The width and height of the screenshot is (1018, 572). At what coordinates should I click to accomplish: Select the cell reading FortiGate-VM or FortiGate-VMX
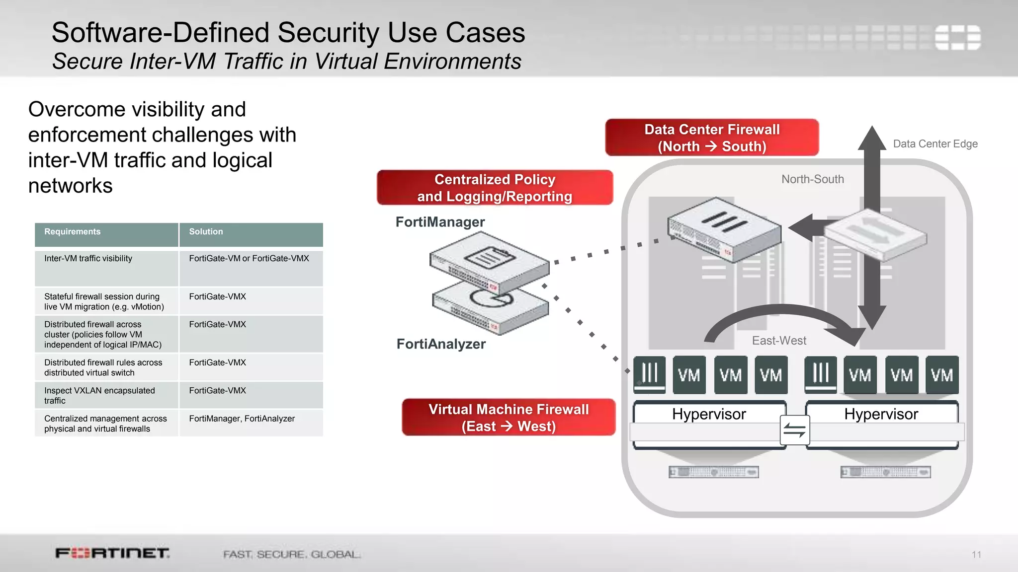tap(249, 259)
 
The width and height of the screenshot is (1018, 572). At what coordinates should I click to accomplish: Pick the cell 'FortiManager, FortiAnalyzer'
tap(242, 419)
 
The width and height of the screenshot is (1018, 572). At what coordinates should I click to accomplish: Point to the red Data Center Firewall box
tap(712, 138)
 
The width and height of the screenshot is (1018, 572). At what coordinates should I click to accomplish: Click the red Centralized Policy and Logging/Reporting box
tap(495, 188)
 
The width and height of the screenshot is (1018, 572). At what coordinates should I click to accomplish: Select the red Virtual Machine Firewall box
tap(509, 418)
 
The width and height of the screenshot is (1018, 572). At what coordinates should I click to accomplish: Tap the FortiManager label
tap(440, 222)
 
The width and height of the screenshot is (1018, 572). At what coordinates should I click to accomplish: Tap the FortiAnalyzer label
tap(441, 344)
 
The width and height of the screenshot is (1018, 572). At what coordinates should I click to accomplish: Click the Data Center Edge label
tap(935, 144)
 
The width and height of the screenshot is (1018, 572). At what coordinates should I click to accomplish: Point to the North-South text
tap(812, 179)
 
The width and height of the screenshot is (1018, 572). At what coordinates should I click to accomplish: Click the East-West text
tap(779, 341)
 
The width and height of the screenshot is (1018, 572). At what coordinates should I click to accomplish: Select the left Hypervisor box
tap(709, 414)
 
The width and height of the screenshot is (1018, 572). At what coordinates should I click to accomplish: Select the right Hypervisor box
tap(881, 414)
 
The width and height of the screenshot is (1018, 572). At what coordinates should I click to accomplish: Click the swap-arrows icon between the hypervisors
tap(794, 430)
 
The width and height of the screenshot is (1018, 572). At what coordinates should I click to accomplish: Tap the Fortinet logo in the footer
tap(112, 553)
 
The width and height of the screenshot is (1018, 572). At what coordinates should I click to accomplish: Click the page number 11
tap(976, 555)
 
